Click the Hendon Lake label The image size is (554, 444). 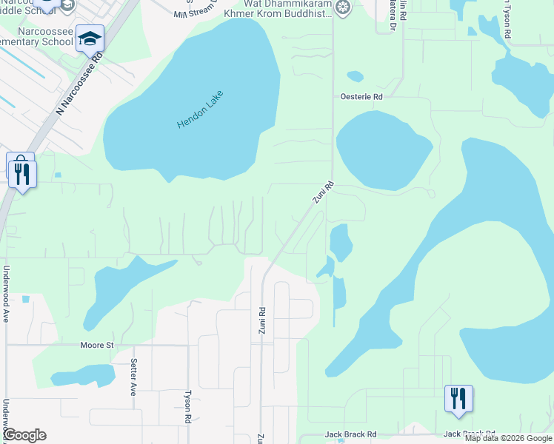pos(200,110)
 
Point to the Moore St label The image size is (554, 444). pos(96,345)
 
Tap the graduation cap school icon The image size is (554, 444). pos(90,38)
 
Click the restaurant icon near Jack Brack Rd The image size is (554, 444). pos(458,398)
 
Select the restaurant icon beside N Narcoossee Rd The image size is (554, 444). pos(22,175)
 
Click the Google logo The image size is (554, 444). pos(24,435)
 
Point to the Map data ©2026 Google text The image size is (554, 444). pos(508,438)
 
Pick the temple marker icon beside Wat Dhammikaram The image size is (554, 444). pos(342,8)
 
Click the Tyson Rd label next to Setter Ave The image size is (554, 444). pos(188,407)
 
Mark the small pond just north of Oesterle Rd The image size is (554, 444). pos(356,76)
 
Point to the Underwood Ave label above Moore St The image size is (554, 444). pos(5,294)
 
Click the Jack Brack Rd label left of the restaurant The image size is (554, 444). pos(351,434)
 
